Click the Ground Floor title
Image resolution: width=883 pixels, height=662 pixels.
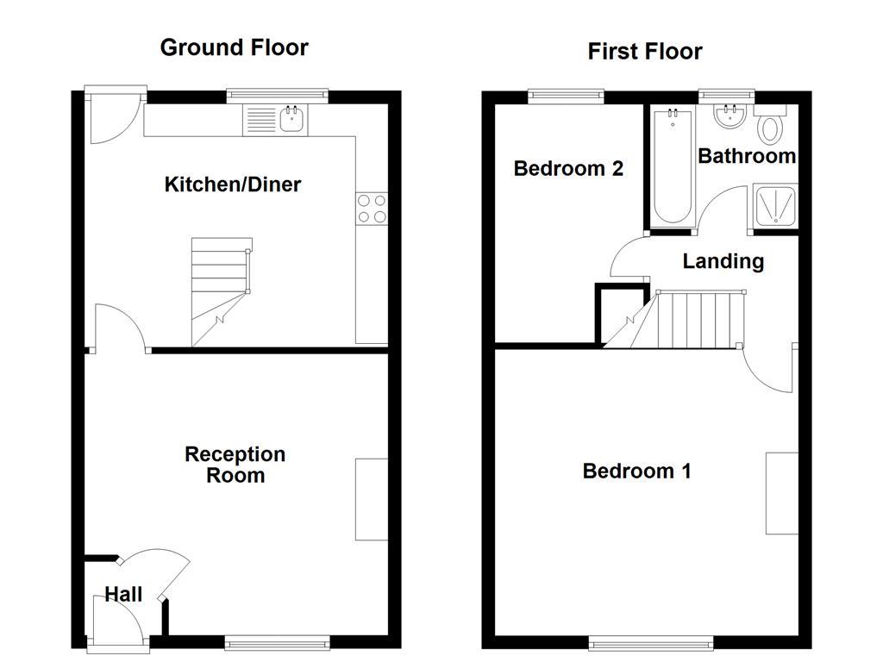point(234,47)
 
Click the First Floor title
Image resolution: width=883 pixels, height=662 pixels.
point(644,52)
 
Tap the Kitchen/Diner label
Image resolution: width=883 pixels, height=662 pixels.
point(232,184)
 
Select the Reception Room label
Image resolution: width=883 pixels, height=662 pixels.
point(235,465)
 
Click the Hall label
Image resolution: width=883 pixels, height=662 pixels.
point(123,594)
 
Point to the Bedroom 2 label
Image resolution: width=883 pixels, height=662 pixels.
point(567,168)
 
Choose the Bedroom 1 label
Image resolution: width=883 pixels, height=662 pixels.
point(636,471)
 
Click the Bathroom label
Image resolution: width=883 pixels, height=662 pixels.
point(746,156)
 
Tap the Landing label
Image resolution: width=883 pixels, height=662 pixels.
point(723,261)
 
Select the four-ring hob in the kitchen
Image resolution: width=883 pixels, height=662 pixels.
point(371,208)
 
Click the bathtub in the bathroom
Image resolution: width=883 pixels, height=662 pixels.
point(672,167)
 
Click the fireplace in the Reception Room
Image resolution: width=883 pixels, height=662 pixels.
point(372,499)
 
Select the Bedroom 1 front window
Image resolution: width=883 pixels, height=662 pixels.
point(651,642)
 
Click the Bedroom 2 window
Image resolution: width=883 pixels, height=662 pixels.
point(566,96)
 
